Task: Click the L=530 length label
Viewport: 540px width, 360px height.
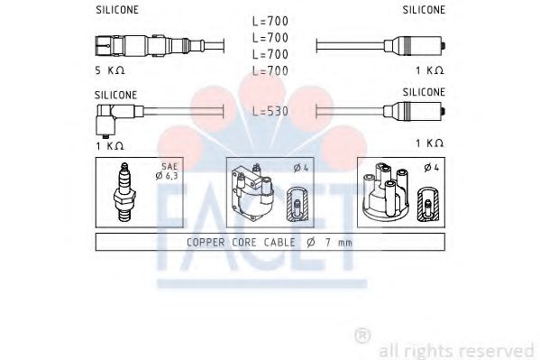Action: click(x=270, y=110)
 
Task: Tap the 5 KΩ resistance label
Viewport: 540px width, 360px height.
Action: click(x=109, y=69)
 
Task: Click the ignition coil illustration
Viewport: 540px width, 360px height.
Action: click(x=255, y=190)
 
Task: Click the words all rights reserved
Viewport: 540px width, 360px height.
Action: click(x=456, y=348)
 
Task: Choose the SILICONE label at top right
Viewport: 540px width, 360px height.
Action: click(x=423, y=10)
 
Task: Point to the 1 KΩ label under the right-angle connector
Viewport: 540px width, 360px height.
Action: click(x=109, y=143)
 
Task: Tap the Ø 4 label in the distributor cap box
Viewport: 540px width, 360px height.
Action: click(x=430, y=168)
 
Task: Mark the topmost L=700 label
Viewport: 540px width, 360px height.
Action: click(x=270, y=21)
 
